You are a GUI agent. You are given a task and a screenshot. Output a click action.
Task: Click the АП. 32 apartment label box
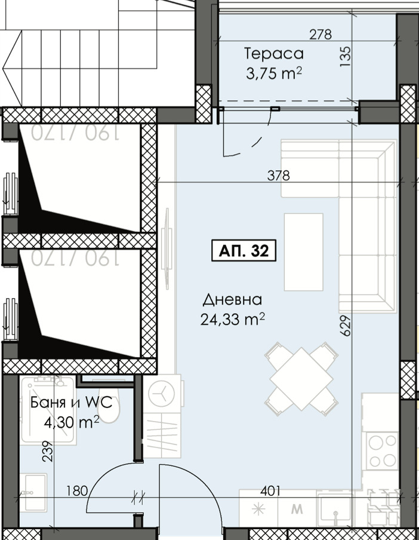click(x=244, y=250)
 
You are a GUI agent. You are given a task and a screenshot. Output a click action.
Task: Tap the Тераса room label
click(x=274, y=54)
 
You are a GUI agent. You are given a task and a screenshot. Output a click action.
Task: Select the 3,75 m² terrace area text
click(x=274, y=73)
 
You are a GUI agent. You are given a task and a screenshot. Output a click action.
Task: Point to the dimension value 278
click(x=321, y=35)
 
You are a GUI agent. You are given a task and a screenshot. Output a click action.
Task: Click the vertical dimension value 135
click(x=346, y=57)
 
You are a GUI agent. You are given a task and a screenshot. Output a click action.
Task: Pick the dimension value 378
click(x=279, y=175)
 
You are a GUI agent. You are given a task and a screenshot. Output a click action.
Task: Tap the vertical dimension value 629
click(x=346, y=326)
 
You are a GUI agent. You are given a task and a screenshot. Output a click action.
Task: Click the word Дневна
click(x=233, y=300)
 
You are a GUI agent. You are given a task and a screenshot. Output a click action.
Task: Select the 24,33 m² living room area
click(x=233, y=320)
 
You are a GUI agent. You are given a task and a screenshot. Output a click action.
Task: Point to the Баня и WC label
click(x=72, y=402)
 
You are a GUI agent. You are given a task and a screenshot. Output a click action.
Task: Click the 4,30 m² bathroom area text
click(x=72, y=422)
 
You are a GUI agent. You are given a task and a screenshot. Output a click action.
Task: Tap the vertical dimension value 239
click(x=48, y=452)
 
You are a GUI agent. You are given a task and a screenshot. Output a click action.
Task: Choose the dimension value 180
click(x=77, y=490)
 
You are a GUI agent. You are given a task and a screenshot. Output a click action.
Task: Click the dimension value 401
click(x=270, y=491)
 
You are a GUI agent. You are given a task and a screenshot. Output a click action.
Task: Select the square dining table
click(x=301, y=379)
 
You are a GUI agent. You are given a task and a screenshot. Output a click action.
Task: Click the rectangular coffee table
click(x=303, y=252)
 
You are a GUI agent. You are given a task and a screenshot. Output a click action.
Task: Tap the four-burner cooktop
click(x=382, y=450)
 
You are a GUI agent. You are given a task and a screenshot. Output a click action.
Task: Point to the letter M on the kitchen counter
click(x=297, y=509)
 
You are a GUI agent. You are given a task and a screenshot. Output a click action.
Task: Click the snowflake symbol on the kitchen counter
click(x=258, y=509)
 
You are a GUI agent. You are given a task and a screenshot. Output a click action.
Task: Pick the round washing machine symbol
click(x=162, y=392)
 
